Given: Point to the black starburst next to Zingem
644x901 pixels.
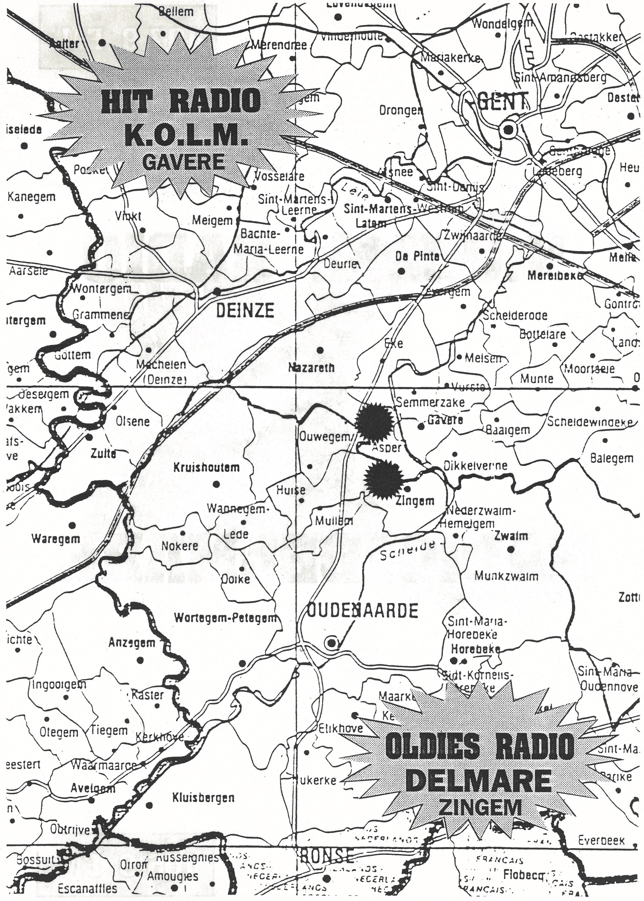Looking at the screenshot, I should click(x=383, y=479).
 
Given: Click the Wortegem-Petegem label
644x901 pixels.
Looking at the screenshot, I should click(x=225, y=617).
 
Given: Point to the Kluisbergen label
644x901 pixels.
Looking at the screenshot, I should click(x=203, y=798).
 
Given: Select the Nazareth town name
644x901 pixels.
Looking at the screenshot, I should click(x=312, y=367).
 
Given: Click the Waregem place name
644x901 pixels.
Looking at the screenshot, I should click(x=56, y=539).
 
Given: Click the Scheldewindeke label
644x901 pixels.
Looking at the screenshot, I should click(x=590, y=422).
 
